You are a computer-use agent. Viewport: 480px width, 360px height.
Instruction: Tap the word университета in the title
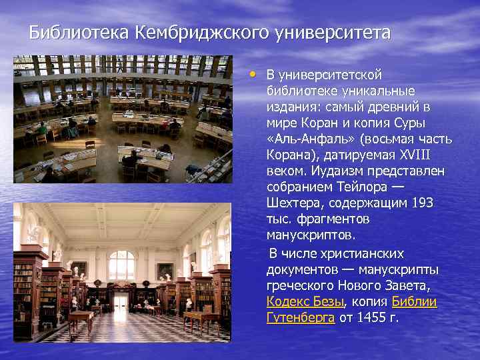pos(334,32)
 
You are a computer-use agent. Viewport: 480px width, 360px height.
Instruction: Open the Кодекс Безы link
pos(305,301)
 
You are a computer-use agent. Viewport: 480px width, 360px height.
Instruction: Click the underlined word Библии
pos(414,301)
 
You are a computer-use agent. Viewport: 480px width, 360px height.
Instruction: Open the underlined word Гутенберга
pos(300,317)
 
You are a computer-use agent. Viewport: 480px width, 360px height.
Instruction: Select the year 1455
pos(370,317)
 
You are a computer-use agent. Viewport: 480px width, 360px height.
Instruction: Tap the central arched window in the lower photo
pos(121,265)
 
